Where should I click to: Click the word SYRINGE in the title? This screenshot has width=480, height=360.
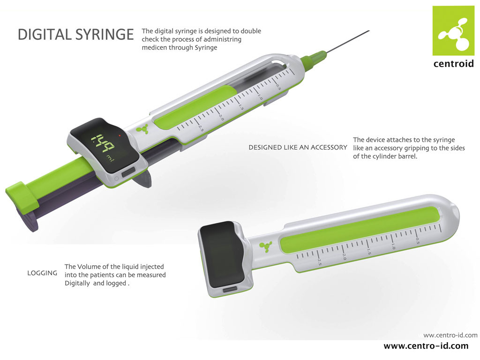(105, 34)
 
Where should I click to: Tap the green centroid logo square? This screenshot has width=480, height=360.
(453, 30)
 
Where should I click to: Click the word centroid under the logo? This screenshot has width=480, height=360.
(454, 63)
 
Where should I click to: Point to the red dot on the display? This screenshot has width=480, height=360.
(120, 135)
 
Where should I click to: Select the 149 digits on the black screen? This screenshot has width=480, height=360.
(103, 142)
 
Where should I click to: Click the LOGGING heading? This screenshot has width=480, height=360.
(42, 273)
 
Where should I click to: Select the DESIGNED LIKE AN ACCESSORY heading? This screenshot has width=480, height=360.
(298, 147)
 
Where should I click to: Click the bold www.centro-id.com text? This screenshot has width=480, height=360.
(426, 346)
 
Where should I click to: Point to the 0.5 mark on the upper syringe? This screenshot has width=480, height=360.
(278, 87)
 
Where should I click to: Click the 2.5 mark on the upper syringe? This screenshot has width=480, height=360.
(201, 128)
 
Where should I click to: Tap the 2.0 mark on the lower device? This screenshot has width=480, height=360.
(344, 256)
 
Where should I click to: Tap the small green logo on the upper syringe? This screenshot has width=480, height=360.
(142, 129)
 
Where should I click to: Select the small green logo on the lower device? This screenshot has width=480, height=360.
(266, 247)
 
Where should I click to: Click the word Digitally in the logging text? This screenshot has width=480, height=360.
(77, 283)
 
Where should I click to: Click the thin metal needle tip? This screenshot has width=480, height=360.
(369, 31)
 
